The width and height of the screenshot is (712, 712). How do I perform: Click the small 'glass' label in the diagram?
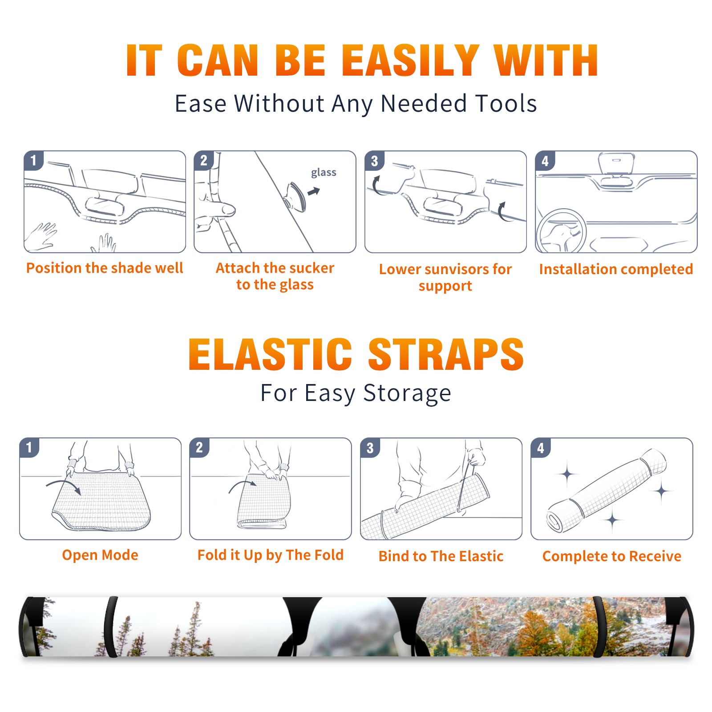[x=324, y=172]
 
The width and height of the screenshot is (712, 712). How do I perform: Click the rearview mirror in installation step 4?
[x=616, y=164]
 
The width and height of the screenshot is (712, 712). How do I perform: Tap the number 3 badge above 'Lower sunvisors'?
[x=374, y=161]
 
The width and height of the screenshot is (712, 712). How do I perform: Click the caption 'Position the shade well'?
[x=105, y=268]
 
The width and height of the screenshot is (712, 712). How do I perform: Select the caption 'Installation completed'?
[x=616, y=269]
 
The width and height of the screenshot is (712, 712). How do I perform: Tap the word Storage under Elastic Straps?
[x=407, y=393]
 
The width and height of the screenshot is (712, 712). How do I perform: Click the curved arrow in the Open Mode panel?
[x=64, y=485]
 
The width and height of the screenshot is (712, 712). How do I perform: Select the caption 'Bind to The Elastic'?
[x=441, y=556]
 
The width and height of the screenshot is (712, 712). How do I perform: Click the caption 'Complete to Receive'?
[x=612, y=556]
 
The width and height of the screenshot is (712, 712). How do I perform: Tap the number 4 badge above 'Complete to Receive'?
[x=541, y=448]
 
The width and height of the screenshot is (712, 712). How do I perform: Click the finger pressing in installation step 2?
[x=218, y=209]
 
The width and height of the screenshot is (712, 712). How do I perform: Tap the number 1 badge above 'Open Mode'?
[x=29, y=448]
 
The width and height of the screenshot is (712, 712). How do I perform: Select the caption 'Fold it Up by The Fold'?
[x=271, y=555]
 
